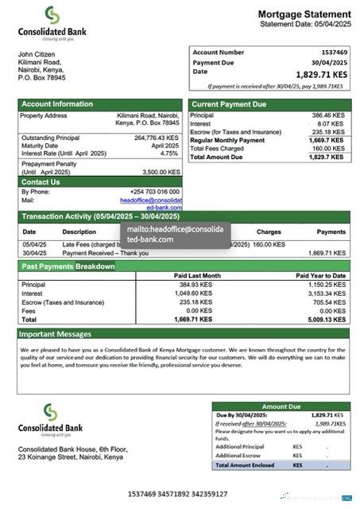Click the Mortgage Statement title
304,14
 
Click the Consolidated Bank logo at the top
52,23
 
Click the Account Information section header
57,104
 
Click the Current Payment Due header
229,104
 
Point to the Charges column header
269,232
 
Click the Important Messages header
55,334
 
